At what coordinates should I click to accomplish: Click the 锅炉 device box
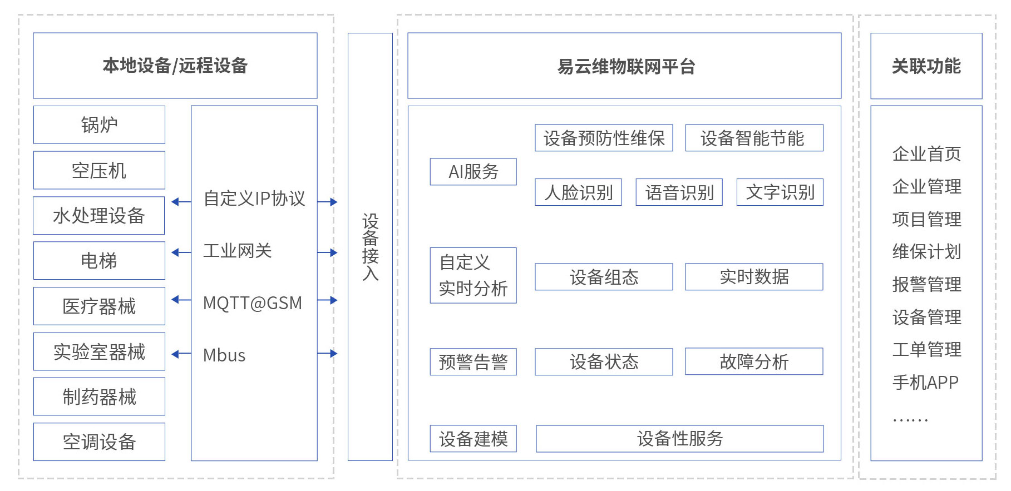coord(99,125)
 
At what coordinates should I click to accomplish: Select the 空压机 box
coord(99,170)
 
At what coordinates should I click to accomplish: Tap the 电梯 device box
coord(99,260)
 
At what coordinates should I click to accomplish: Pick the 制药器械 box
coord(99,396)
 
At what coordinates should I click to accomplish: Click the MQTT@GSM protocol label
coord(253,303)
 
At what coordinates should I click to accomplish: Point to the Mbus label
coord(224,355)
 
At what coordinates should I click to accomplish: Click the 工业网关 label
coord(237,251)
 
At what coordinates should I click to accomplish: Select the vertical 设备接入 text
coord(370,247)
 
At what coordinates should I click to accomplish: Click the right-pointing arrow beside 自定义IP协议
coord(328,202)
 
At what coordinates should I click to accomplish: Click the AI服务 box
coord(473,171)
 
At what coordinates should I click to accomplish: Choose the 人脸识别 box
coord(578,192)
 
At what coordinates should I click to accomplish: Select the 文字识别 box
coord(780,192)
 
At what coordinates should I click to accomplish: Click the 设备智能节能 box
coord(753,138)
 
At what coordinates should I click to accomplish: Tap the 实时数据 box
coord(753,276)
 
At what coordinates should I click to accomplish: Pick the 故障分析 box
coord(753,361)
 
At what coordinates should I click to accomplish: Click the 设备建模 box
coord(473,439)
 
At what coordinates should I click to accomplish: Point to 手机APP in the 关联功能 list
coord(925,382)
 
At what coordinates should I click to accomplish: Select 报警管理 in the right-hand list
coord(926,284)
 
